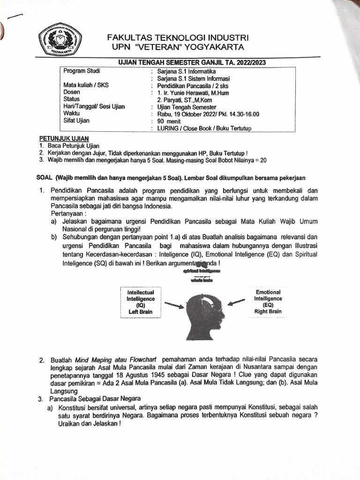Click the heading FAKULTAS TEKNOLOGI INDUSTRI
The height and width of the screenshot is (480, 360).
tap(178, 37)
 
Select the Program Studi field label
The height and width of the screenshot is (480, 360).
tap(82, 71)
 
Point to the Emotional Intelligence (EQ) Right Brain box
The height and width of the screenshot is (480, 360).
tap(268, 301)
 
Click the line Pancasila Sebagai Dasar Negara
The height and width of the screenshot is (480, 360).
tap(90, 398)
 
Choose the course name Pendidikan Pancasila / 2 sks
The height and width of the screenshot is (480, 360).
tap(194, 86)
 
